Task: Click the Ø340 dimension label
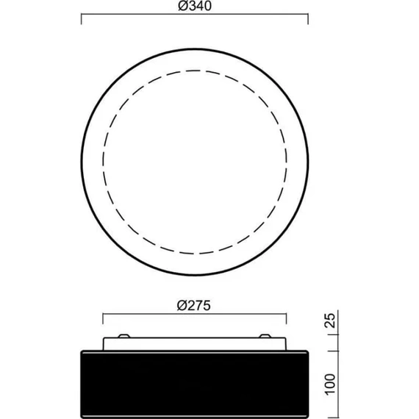click(x=195, y=6)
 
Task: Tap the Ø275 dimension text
click(x=194, y=306)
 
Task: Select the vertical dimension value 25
click(x=330, y=320)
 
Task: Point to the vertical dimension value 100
click(x=330, y=384)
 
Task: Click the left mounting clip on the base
click(x=124, y=336)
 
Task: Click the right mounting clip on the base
click(x=265, y=336)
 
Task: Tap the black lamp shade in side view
click(x=195, y=384)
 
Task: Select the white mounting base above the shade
click(x=195, y=344)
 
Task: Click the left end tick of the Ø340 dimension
click(x=82, y=18)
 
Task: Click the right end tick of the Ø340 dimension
click(x=308, y=18)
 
